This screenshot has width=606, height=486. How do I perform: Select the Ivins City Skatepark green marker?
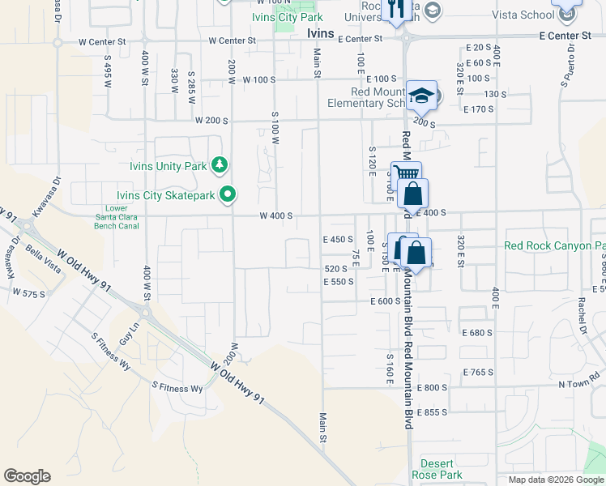click(x=228, y=194)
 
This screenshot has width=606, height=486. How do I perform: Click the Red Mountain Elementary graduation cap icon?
click(x=420, y=97)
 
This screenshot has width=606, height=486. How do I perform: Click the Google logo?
click(x=27, y=476)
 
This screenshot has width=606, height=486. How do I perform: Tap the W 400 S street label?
click(x=275, y=216)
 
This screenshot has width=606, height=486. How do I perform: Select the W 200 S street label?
click(x=211, y=120)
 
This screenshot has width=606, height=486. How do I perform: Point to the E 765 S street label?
click(x=478, y=372)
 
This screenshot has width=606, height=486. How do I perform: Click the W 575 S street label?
click(x=29, y=294)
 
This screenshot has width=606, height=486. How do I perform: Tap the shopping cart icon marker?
click(x=406, y=174)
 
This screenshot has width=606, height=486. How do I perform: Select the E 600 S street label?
click(x=386, y=301)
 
